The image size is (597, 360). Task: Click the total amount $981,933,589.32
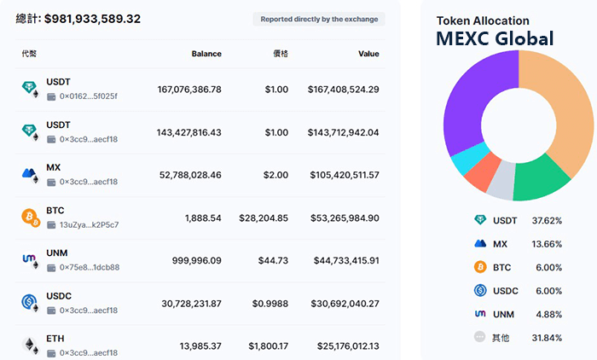point(92,18)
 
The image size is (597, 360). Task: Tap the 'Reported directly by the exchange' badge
point(319,19)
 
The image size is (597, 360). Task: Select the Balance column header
point(206,54)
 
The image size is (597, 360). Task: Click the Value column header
point(368,54)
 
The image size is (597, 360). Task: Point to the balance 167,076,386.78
point(189,89)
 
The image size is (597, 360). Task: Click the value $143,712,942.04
point(338,132)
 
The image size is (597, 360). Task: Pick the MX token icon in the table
point(31,174)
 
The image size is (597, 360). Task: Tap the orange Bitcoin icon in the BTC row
point(31,217)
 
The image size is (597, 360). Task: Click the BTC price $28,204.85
point(264,218)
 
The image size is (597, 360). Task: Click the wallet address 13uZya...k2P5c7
point(89,224)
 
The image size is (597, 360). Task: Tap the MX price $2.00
point(275,175)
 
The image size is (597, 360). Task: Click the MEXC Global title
point(495,38)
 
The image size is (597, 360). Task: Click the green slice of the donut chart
point(539,178)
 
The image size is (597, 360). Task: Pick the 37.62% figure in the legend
point(547,220)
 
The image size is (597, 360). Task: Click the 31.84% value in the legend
point(547,338)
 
